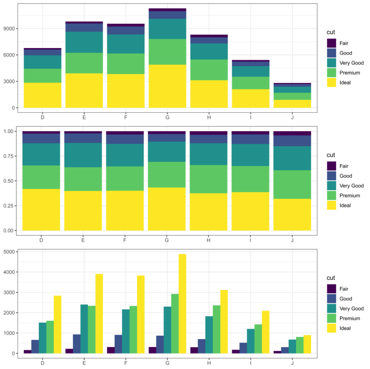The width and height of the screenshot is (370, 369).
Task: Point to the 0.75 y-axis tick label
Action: pyautogui.click(x=9, y=156)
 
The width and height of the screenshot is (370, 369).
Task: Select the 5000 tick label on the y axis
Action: pyautogui.click(x=9, y=252)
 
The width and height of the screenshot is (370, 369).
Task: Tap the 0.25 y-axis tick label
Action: pyautogui.click(x=9, y=206)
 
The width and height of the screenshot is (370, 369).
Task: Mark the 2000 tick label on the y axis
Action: pyautogui.click(x=9, y=313)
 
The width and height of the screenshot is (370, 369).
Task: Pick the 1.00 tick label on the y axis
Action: pyautogui.click(x=9, y=132)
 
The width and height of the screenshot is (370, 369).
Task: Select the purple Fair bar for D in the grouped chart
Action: pyautogui.click(x=27, y=352)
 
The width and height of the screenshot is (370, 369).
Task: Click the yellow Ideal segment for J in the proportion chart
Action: pyautogui.click(x=292, y=214)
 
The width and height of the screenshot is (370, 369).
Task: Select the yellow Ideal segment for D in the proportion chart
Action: pyautogui.click(x=41, y=210)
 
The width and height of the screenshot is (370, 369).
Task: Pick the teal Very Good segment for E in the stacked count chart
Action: pyautogui.click(x=84, y=42)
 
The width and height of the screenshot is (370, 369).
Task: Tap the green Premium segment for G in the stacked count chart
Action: pyautogui.click(x=167, y=52)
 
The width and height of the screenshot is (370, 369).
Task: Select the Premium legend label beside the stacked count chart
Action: pyautogui.click(x=349, y=73)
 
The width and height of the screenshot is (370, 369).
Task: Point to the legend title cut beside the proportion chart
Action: pyautogui.click(x=331, y=155)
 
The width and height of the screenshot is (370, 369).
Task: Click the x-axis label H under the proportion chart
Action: pyautogui.click(x=209, y=240)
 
